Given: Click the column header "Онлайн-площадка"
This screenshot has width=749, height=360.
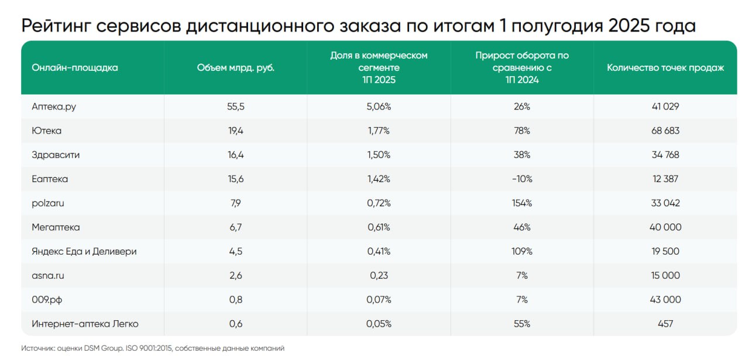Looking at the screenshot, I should tap(75, 68).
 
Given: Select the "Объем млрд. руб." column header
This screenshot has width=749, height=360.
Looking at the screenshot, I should tap(236, 68).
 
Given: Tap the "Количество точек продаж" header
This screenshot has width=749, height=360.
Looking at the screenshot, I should tap(665, 68).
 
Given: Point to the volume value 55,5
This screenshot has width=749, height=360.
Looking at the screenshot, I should tap(236, 107).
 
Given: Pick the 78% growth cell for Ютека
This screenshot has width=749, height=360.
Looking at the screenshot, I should tap(522, 131).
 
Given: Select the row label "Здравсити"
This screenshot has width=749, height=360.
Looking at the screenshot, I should tap(56, 155).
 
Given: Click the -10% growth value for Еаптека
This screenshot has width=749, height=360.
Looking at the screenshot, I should tap(522, 179).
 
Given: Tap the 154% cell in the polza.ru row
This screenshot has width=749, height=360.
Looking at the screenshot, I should tap(522, 203).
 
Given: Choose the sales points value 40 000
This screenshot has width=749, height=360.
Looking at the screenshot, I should tap(665, 227).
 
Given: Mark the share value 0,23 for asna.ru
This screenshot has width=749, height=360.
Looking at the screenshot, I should tap(379, 275).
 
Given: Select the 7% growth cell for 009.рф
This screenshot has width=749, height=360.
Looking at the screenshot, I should tap(522, 300).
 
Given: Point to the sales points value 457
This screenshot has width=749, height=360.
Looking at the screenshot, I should tap(665, 324).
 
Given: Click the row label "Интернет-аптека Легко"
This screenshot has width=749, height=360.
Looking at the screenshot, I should tap(85, 324).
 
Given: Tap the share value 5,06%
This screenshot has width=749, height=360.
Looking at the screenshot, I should tap(379, 107).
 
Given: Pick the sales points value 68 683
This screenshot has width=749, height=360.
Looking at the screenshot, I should tap(665, 131).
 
